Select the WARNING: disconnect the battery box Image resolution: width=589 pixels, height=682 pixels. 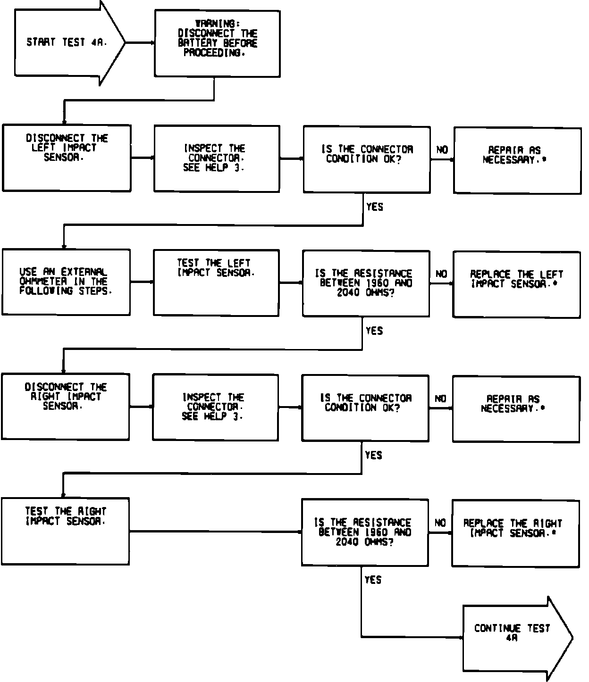pos(217,43)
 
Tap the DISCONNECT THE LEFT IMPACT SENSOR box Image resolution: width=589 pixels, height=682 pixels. pos(67,158)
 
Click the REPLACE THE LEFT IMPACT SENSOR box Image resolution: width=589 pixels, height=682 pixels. pos(517,284)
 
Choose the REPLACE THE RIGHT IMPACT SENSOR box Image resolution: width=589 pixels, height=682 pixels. pos(515,533)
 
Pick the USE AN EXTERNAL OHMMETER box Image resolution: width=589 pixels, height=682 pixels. pos(66,282)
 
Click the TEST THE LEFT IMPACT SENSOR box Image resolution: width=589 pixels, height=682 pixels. pos(216,283)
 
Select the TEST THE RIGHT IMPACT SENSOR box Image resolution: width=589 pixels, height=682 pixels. pos(65,531)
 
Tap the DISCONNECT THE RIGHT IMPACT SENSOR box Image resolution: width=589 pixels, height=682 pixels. pos(65,407)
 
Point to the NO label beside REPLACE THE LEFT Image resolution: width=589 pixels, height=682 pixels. pos(441,274)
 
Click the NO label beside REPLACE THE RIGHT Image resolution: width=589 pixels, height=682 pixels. pos(440,523)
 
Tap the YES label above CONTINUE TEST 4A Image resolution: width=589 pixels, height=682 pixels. pos(373,580)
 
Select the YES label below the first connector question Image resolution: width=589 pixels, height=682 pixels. pos(375,207)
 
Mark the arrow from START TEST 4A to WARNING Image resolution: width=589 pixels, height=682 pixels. pos(140,42)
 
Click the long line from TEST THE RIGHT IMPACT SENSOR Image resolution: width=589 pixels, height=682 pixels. pos(215,532)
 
